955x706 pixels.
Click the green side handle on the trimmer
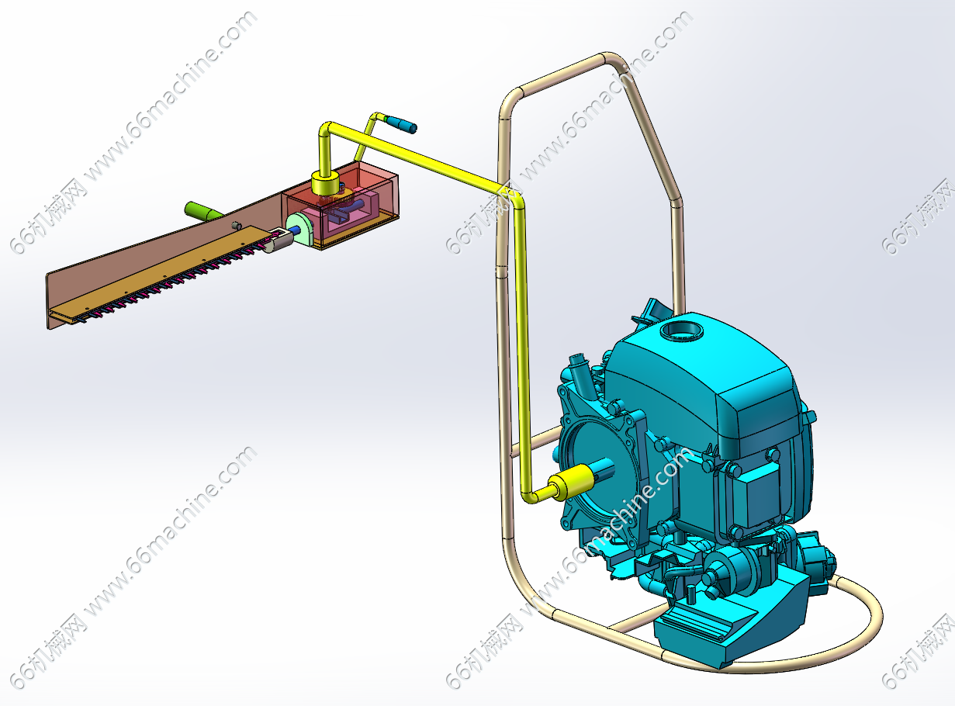(203, 211)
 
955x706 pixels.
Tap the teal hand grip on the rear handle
(402, 124)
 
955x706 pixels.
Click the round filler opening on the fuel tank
(682, 331)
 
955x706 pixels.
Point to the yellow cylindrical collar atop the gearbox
(326, 183)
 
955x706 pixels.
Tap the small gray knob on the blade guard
(236, 225)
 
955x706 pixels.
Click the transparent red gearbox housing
(340, 205)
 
